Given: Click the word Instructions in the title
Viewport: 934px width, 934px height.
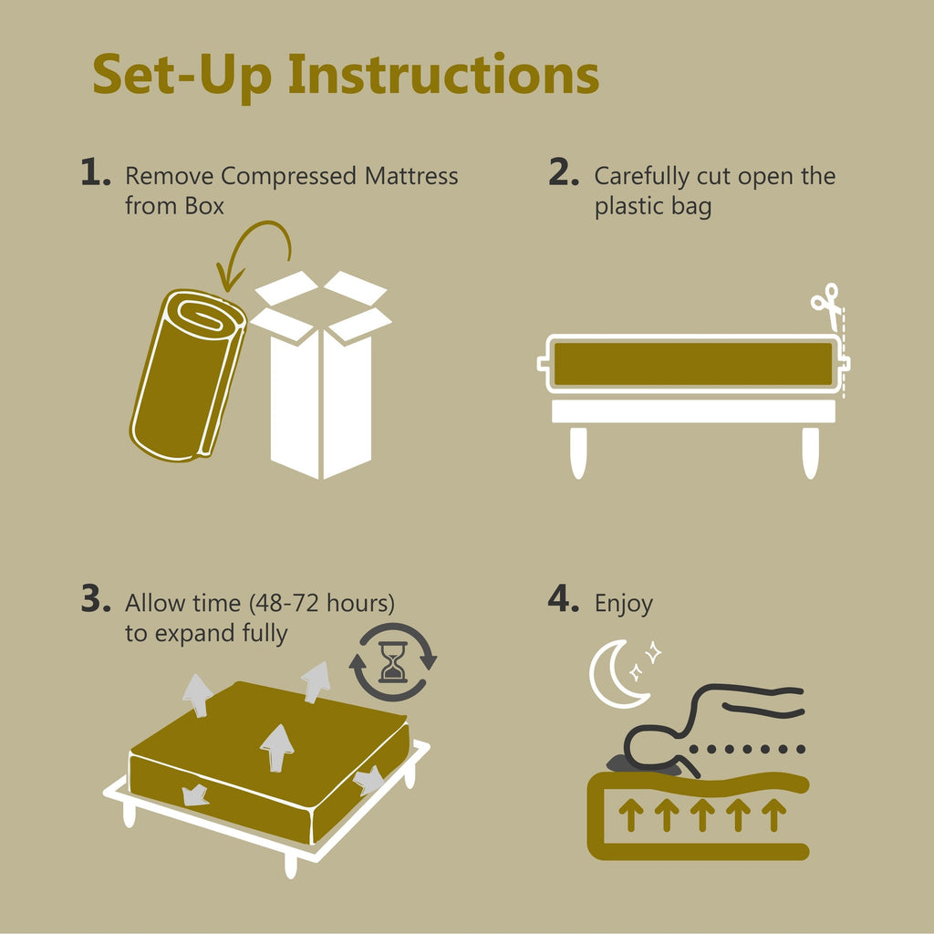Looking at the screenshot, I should coord(443,75).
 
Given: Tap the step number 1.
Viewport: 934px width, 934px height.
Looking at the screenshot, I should coord(95,173).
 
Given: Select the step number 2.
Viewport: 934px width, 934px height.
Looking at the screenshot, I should coord(563,173).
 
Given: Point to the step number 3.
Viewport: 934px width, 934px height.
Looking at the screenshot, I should coord(95,600).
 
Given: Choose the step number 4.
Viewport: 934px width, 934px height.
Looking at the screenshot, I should coord(563,601).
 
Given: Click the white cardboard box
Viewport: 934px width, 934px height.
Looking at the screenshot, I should coord(321,383).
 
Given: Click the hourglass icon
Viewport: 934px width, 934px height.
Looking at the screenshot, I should coord(394,661).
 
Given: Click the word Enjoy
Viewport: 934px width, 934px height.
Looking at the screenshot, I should coord(624,604).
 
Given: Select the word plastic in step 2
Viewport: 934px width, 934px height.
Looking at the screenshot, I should coord(630,206).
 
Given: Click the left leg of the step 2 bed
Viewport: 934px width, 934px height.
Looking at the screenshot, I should coord(577,451).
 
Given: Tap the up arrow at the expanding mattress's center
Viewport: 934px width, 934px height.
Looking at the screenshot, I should coord(276,747).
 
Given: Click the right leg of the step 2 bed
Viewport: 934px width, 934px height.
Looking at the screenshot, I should coord(810,451).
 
